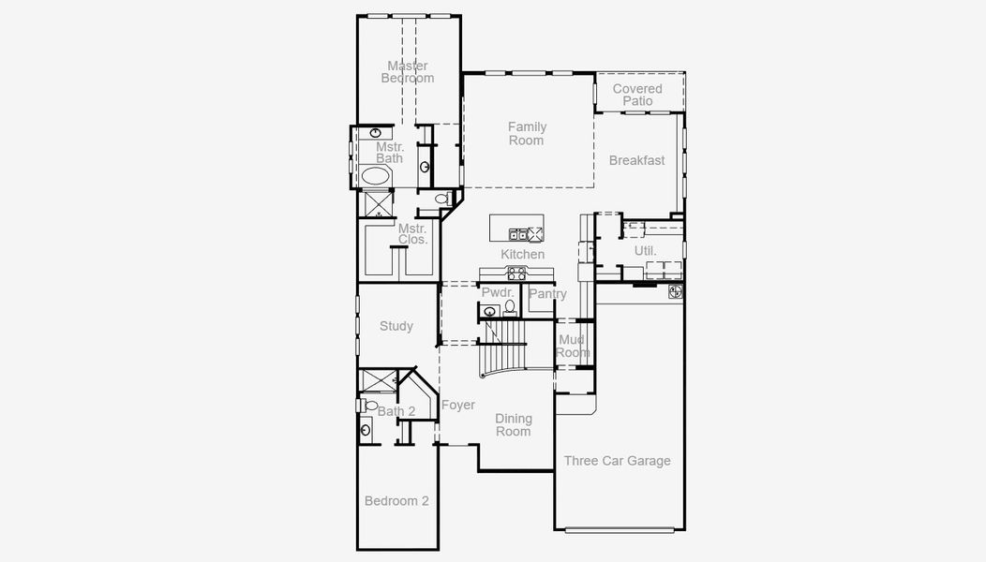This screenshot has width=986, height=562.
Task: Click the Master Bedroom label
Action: (408, 72)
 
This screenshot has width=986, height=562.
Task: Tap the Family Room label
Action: (527, 133)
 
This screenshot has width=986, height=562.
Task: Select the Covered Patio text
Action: (637, 95)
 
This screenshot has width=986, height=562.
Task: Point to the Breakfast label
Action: (636, 160)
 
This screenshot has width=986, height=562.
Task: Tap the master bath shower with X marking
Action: (378, 202)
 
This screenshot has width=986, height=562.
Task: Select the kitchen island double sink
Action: (517, 234)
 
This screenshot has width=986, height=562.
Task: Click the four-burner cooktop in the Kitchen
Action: (516, 274)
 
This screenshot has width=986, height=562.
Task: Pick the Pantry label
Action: (547, 294)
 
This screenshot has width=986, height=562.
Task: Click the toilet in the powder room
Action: (511, 306)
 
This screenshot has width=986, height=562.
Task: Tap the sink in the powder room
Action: (489, 312)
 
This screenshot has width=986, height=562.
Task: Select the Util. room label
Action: (645, 251)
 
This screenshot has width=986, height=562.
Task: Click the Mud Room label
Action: (573, 346)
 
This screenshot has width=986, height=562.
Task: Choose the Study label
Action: (396, 326)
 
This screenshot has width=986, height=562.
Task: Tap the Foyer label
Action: (458, 406)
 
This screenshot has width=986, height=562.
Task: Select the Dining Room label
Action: (513, 425)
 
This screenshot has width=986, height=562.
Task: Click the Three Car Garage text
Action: (617, 460)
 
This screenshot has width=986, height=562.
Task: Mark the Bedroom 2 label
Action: (396, 501)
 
